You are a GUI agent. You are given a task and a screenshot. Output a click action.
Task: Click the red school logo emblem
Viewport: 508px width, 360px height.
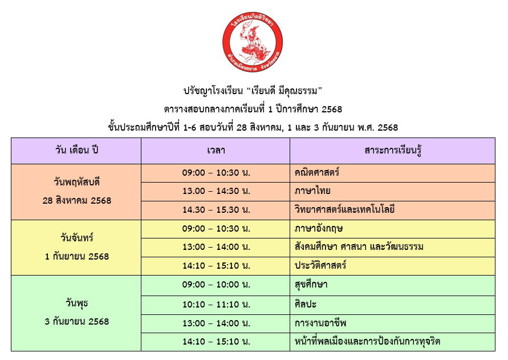click(x=253, y=42)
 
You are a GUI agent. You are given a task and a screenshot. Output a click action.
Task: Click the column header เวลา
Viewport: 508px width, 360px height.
click(x=216, y=151)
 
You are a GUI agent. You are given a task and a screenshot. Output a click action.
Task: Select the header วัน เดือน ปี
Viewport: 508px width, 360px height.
click(x=76, y=151)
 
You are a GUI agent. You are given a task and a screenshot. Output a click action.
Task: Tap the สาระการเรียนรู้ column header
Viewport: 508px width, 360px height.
click(x=393, y=151)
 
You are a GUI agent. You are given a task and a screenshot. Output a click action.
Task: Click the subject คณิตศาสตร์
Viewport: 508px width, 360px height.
click(x=317, y=172)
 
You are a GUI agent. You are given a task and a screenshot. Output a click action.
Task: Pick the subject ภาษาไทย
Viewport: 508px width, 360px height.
click(x=312, y=191)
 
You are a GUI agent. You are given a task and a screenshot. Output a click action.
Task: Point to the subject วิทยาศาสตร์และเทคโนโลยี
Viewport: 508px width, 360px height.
click(x=344, y=209)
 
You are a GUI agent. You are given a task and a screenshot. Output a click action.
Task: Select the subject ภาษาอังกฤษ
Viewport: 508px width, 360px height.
click(x=319, y=229)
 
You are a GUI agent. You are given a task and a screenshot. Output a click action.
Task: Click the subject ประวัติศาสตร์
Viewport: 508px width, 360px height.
click(x=320, y=265)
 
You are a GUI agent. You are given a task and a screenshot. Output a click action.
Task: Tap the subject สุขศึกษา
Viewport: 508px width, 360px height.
click(x=311, y=285)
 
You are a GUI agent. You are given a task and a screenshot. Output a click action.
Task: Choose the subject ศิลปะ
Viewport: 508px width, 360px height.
click(x=306, y=304)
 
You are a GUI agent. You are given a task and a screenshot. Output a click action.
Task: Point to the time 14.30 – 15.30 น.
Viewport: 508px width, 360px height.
click(x=216, y=210)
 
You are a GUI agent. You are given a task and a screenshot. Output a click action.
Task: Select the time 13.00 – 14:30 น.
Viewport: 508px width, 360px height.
click(x=216, y=191)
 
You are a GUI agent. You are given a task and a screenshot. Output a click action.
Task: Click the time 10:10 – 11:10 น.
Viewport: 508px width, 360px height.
click(x=216, y=305)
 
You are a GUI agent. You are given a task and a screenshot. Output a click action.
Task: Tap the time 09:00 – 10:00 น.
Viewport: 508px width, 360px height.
click(x=216, y=285)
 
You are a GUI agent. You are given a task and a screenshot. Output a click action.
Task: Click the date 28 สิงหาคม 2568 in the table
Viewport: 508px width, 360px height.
click(x=77, y=200)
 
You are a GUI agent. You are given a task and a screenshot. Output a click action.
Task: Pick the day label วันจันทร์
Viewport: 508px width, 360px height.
click(x=77, y=238)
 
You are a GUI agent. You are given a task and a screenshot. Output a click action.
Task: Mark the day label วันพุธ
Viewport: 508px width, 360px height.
click(x=77, y=304)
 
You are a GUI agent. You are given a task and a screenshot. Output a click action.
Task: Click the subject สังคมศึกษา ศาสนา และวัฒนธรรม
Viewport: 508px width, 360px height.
click(x=359, y=247)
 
